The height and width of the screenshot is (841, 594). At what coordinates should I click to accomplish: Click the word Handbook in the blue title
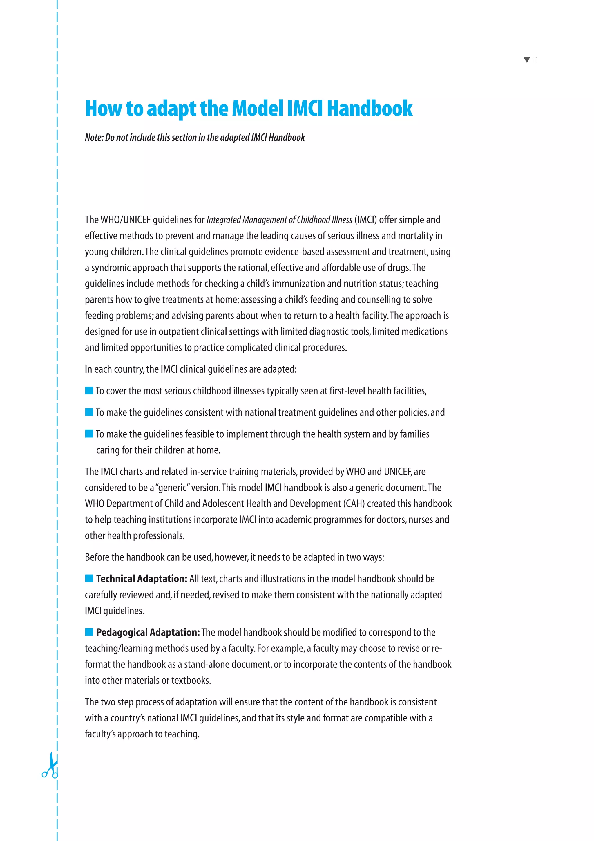click(369, 109)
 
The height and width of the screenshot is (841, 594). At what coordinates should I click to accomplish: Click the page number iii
click(535, 60)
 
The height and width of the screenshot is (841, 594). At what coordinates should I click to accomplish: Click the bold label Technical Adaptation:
click(142, 579)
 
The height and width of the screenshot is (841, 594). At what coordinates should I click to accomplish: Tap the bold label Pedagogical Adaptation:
click(148, 632)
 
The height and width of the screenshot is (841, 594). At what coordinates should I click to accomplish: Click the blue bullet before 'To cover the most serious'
click(89, 391)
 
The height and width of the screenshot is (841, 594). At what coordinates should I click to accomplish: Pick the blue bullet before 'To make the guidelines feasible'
click(89, 434)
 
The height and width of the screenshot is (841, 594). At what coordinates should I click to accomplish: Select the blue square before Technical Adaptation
click(89, 578)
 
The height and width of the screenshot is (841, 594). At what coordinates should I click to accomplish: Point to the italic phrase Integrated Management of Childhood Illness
click(279, 220)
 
